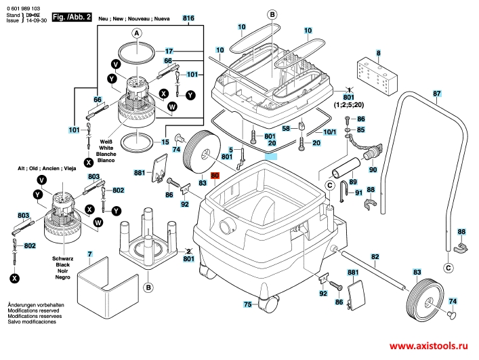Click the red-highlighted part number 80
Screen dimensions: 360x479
215,175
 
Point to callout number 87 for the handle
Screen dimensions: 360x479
437,94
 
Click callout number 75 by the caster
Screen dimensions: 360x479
247,304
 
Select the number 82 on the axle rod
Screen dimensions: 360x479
375,256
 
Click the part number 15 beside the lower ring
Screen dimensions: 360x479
165,142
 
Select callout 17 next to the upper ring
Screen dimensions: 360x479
169,51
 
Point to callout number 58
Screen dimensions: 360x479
286,127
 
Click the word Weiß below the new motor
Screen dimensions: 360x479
106,140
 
